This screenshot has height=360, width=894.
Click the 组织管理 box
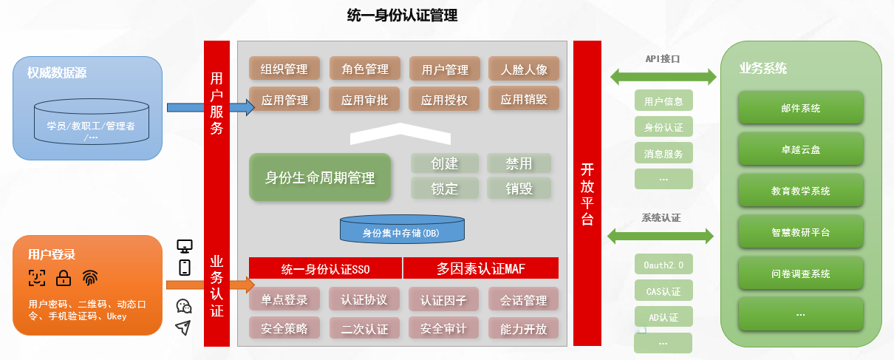(x=284, y=69)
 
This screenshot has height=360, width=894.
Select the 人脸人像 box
(x=523, y=69)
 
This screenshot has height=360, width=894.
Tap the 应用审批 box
(x=364, y=99)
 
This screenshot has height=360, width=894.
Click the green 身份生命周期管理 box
(x=319, y=177)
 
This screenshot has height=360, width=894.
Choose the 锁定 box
(x=444, y=188)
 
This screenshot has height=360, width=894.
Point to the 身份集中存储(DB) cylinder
(x=402, y=230)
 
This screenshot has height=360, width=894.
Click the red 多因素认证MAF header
(x=481, y=267)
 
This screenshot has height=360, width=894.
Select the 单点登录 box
(x=284, y=300)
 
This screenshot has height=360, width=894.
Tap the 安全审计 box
(x=443, y=328)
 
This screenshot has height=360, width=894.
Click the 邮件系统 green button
(x=800, y=108)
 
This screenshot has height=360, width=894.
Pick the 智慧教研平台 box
(x=800, y=232)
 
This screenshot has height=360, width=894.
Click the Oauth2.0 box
(x=663, y=265)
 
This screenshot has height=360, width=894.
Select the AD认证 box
(x=663, y=318)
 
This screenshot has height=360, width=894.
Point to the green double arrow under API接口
(x=663, y=75)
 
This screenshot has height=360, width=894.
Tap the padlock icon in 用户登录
(x=64, y=278)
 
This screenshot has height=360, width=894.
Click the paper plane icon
(x=183, y=327)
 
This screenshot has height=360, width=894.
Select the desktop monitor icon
(x=185, y=245)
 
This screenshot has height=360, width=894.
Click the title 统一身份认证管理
(x=402, y=16)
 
